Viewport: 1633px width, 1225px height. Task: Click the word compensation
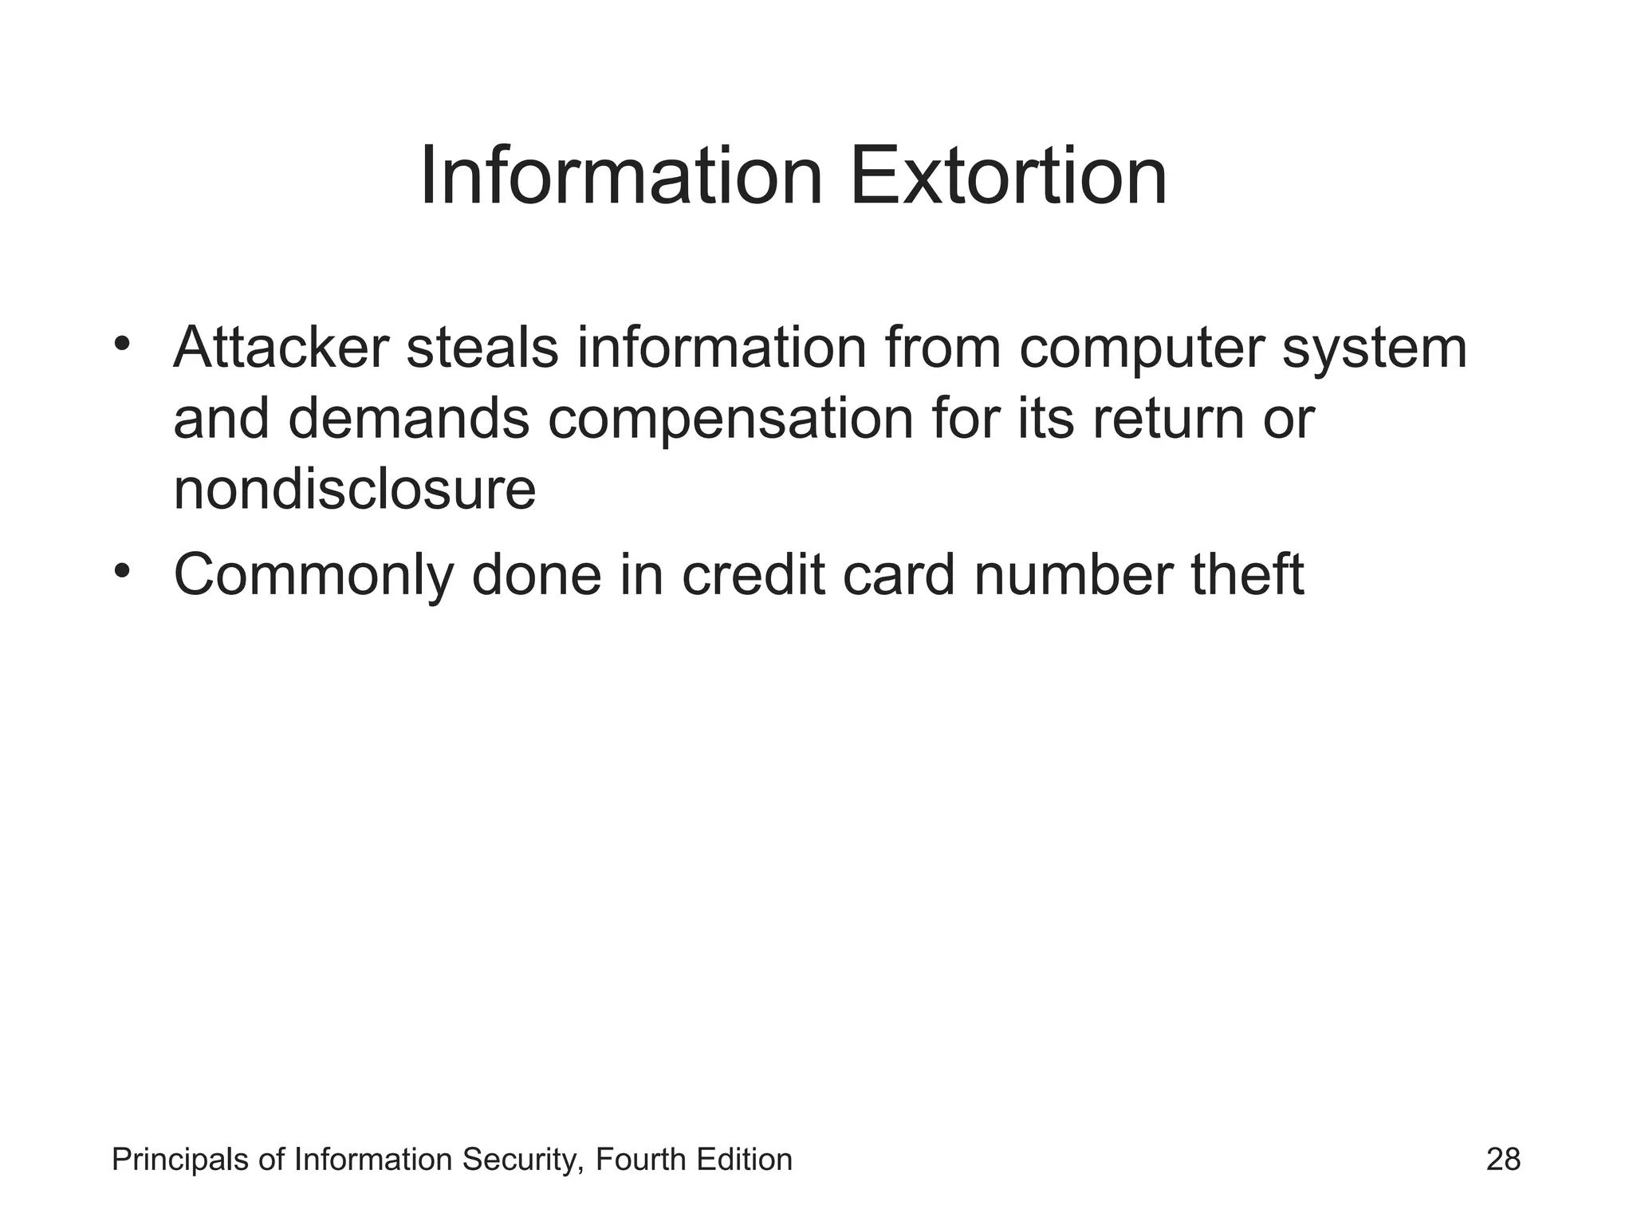(x=730, y=421)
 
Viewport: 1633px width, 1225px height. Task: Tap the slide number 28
(x=1503, y=1160)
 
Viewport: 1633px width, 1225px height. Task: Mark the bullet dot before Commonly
(x=121, y=570)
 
